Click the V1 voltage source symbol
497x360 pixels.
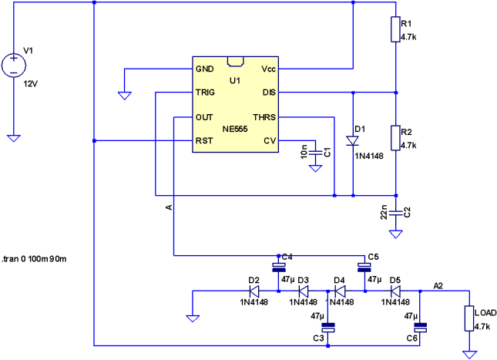(x=14, y=65)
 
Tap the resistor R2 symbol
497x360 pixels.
(x=395, y=138)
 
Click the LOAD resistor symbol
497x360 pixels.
(x=468, y=318)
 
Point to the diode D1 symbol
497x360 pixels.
(x=352, y=141)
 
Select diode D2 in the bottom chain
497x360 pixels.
(x=254, y=291)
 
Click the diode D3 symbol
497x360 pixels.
(x=303, y=291)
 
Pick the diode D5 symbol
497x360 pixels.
(x=395, y=291)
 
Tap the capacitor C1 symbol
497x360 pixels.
(x=315, y=153)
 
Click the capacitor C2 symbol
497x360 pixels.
(x=395, y=211)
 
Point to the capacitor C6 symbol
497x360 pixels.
(x=421, y=327)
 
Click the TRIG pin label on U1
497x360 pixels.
(x=205, y=93)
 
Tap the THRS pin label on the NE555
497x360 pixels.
(x=264, y=117)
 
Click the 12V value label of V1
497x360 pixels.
(x=30, y=82)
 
